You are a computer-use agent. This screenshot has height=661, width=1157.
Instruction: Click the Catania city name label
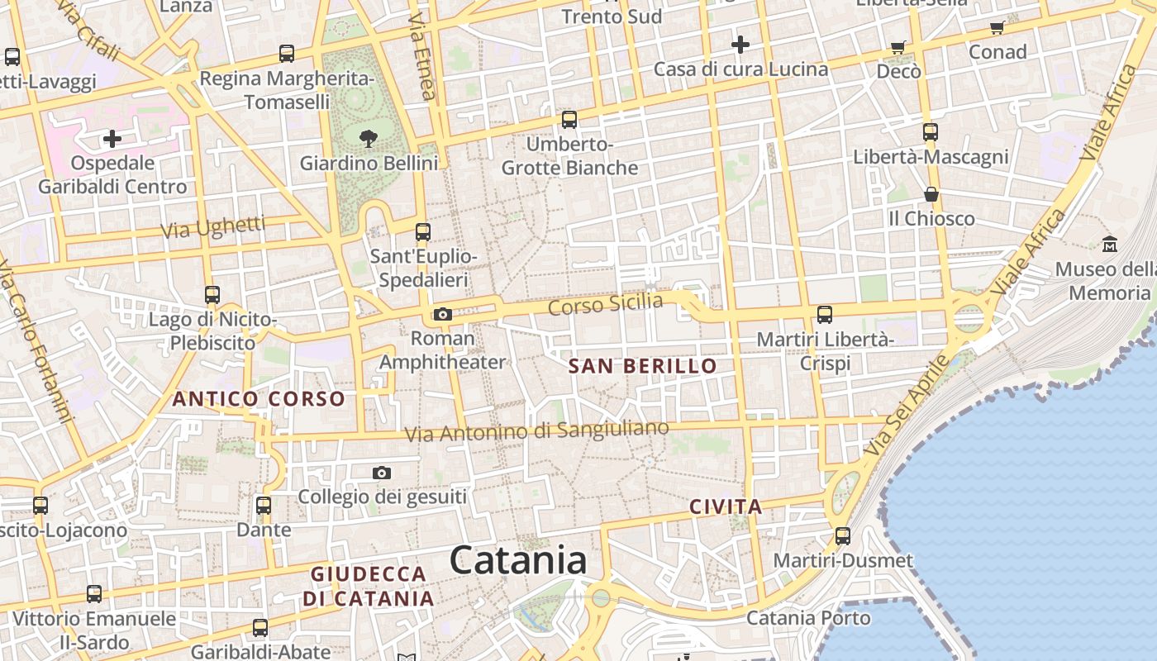tap(518, 560)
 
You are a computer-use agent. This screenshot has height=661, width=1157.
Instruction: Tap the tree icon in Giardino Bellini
tap(369, 139)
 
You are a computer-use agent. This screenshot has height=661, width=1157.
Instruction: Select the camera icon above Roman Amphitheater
tap(443, 314)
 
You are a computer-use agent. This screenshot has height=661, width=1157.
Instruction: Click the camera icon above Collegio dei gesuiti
tap(381, 473)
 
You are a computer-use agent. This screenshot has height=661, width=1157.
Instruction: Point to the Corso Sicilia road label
tap(606, 303)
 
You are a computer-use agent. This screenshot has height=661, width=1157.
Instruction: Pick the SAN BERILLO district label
tap(643, 366)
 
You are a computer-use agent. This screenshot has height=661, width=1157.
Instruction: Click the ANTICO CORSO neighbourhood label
tap(259, 399)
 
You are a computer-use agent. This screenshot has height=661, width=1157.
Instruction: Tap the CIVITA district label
tap(726, 506)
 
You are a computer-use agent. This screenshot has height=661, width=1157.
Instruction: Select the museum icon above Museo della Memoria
tap(1110, 244)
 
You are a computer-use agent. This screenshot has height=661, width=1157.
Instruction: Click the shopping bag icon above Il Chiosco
tap(931, 194)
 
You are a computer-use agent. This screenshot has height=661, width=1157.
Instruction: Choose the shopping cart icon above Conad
tap(997, 27)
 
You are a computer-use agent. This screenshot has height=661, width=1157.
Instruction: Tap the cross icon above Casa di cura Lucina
tap(740, 44)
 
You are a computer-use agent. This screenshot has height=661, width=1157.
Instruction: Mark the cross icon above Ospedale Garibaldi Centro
tap(112, 138)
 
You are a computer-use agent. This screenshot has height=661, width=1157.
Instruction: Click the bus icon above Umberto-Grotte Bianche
tap(569, 120)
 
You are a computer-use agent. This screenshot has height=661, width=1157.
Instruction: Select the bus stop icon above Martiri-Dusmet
tap(843, 535)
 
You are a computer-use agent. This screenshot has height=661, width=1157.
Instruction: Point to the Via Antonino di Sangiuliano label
tap(536, 430)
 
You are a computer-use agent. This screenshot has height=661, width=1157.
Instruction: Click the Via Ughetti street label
tap(213, 227)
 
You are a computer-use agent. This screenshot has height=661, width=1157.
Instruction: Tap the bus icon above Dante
tap(264, 505)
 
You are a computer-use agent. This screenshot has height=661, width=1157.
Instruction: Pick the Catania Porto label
tap(808, 618)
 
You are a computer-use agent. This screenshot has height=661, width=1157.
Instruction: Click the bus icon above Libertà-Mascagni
tap(931, 131)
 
